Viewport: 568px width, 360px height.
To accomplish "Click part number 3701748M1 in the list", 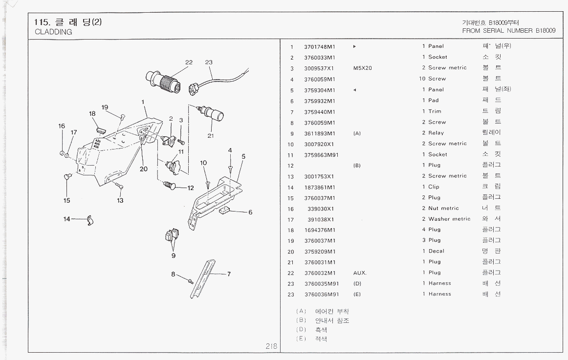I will click(x=319, y=46).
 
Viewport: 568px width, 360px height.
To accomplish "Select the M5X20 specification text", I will click(x=362, y=68).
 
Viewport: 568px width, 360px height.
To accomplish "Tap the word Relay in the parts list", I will click(x=436, y=133).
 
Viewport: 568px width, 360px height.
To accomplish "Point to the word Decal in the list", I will click(x=436, y=251).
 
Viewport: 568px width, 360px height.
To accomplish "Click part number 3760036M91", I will click(x=321, y=294).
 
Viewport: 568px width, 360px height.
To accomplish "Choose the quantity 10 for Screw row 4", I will click(x=423, y=79).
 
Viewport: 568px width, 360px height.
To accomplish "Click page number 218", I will click(x=271, y=346).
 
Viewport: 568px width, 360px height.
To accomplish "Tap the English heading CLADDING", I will click(x=53, y=32).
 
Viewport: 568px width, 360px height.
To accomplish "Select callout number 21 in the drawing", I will click(x=210, y=136).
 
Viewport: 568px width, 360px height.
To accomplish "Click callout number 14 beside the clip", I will click(x=66, y=218).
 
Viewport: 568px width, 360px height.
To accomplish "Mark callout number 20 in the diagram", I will click(x=143, y=169).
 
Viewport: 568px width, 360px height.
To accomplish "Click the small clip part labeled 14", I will click(x=89, y=221).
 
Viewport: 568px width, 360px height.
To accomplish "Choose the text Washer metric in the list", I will click(x=449, y=219).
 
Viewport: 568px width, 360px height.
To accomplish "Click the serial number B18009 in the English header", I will click(x=546, y=30).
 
